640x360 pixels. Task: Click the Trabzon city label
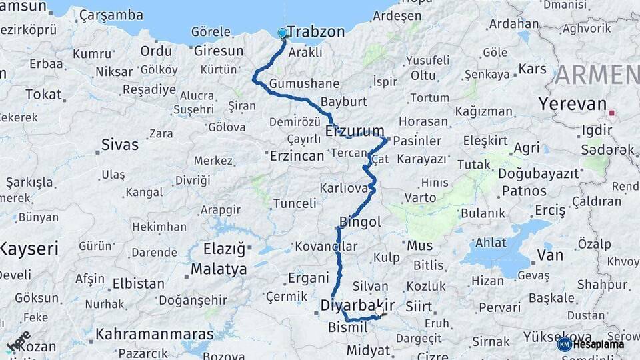pyautogui.click(x=316, y=32)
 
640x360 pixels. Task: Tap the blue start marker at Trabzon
pyautogui.click(x=282, y=33)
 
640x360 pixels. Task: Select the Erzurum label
pyautogui.click(x=355, y=131)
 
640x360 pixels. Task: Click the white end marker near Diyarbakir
pyautogui.click(x=379, y=310)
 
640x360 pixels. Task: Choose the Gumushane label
pyautogui.click(x=304, y=84)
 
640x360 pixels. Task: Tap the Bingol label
pyautogui.click(x=359, y=221)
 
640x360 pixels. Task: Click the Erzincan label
pyautogui.click(x=297, y=155)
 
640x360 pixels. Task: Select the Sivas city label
pyautogui.click(x=120, y=145)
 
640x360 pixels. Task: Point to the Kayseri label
pyautogui.click(x=29, y=249)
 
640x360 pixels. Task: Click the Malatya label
pyautogui.click(x=219, y=269)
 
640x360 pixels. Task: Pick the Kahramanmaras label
pyautogui.click(x=155, y=334)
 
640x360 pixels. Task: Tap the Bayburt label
pyautogui.click(x=343, y=102)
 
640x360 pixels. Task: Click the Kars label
pyautogui.click(x=532, y=69)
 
